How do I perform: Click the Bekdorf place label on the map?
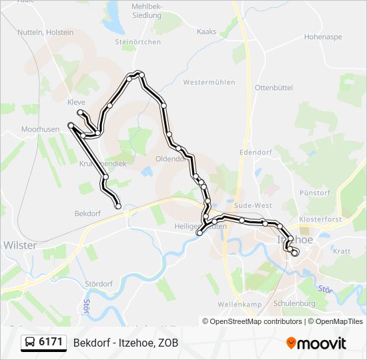point(88,214)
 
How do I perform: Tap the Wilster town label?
point(20,245)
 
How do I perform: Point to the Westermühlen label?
point(209,83)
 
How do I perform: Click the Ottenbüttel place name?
point(274,87)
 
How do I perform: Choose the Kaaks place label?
point(207,31)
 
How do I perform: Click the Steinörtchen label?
point(138,42)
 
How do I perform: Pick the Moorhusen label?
point(40,129)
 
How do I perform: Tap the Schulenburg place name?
point(293,303)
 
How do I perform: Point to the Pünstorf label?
point(316,193)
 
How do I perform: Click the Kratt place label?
point(341,251)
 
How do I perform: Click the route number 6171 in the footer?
point(51,343)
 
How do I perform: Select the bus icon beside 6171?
point(31,343)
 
